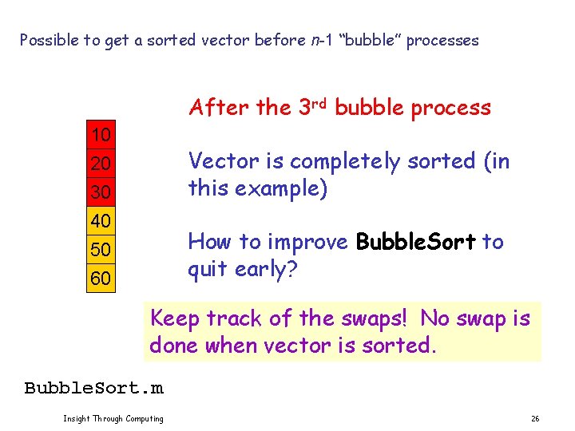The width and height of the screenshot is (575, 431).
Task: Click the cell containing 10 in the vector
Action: (x=101, y=133)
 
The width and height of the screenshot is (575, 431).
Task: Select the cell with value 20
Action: (x=101, y=163)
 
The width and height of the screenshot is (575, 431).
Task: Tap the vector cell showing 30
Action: (x=101, y=192)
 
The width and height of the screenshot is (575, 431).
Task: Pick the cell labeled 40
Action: (x=101, y=220)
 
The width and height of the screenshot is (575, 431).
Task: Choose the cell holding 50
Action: (x=101, y=250)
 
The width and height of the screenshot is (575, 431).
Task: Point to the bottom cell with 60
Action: (x=101, y=279)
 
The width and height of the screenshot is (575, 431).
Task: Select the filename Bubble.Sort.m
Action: (x=93, y=388)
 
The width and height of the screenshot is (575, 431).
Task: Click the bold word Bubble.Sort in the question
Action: (x=415, y=242)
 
